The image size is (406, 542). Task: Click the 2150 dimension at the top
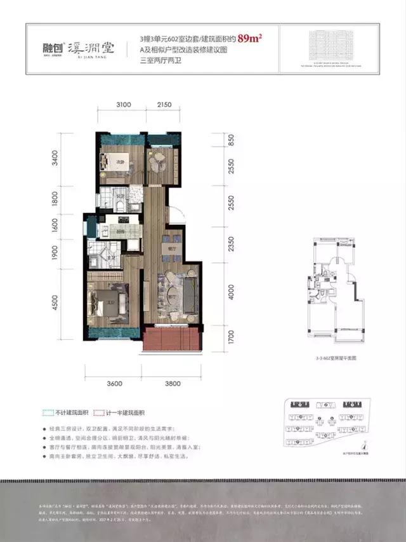point(165,104)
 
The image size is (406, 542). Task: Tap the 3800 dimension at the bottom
point(172,383)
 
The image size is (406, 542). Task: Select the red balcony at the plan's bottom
point(171,341)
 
